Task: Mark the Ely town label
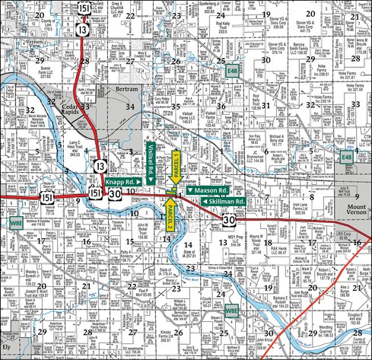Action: click(6, 346)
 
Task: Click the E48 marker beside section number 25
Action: click(232, 70)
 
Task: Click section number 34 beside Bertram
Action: click(131, 106)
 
